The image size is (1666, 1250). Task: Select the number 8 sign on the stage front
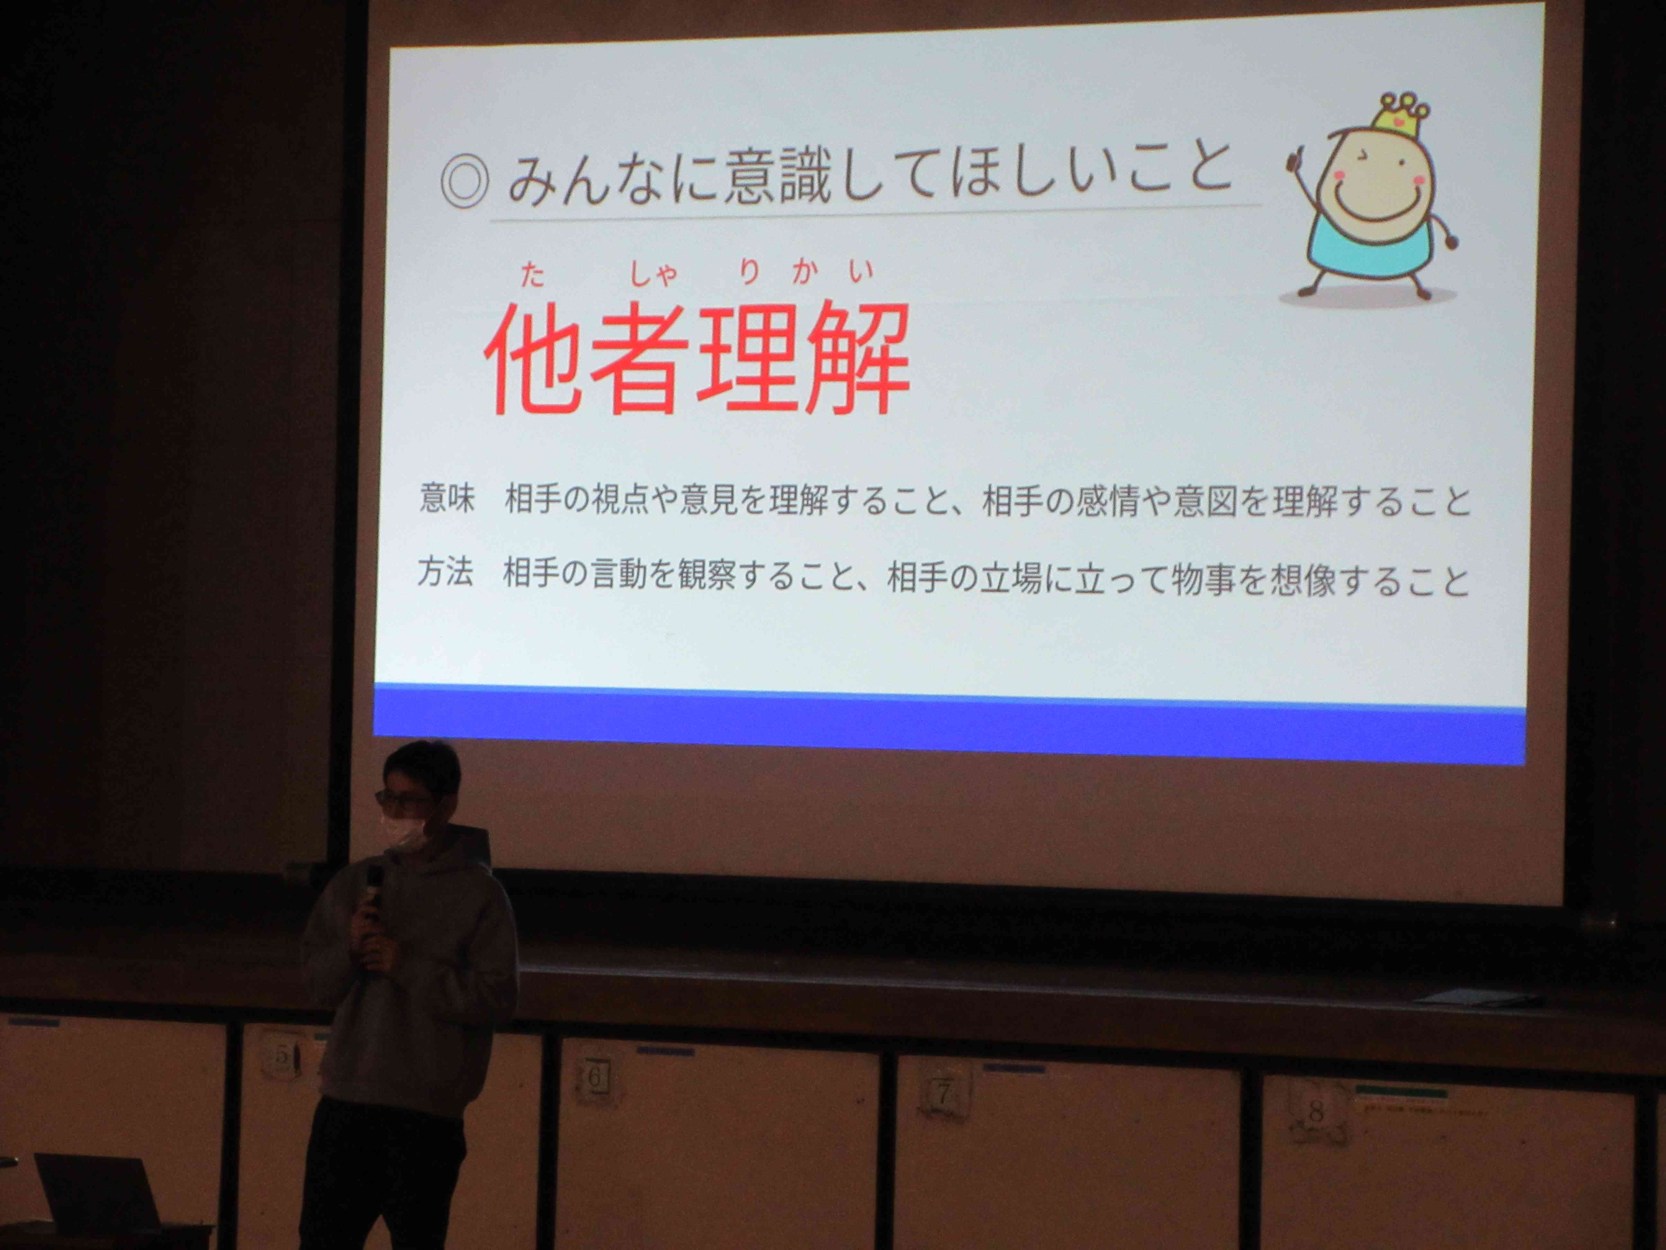click(1316, 1110)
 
